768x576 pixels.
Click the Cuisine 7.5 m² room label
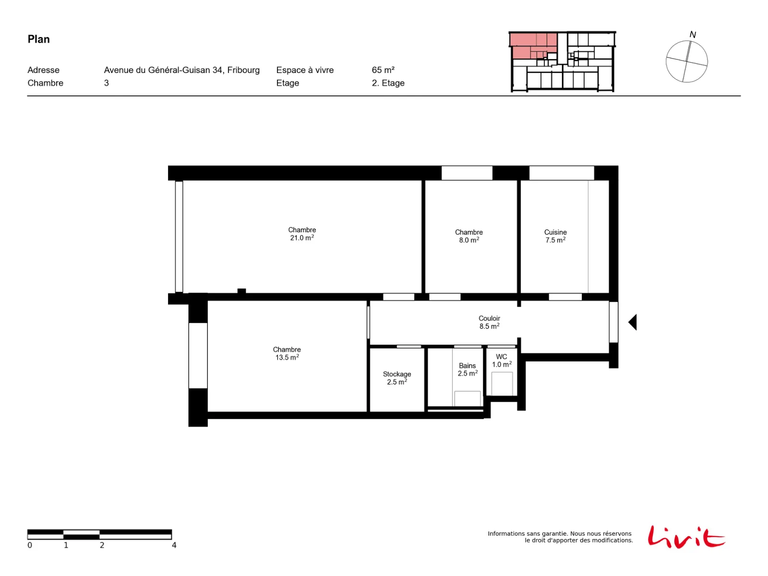pyautogui.click(x=555, y=236)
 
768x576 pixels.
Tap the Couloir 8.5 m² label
pyautogui.click(x=489, y=322)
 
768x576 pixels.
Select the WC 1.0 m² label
pyautogui.click(x=502, y=360)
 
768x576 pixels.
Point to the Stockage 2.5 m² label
pyautogui.click(x=396, y=378)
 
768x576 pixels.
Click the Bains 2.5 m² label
pyautogui.click(x=467, y=369)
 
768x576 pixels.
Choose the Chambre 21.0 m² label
pyautogui.click(x=301, y=234)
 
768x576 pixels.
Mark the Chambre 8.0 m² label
pyautogui.click(x=468, y=236)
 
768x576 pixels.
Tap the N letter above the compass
pyautogui.click(x=692, y=35)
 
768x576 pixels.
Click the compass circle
pyautogui.click(x=666, y=61)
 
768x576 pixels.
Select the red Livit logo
pyautogui.click(x=686, y=537)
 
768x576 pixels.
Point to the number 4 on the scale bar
pyautogui.click(x=174, y=545)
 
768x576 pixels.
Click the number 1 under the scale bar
pyautogui.click(x=66, y=545)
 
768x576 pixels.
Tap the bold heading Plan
pyautogui.click(x=38, y=39)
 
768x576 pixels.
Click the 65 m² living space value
pyautogui.click(x=383, y=70)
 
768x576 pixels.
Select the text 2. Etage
pyautogui.click(x=388, y=83)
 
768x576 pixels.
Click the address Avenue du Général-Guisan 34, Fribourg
pyautogui.click(x=181, y=70)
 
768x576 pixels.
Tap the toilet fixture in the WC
pyautogui.click(x=502, y=384)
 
